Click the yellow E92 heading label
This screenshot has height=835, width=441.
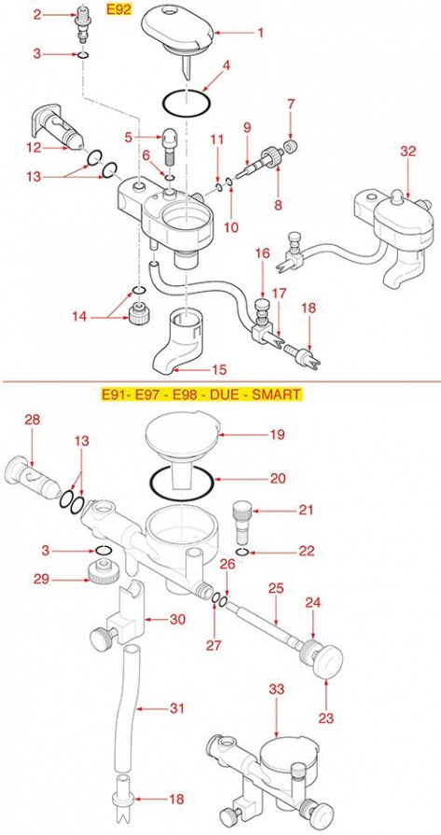[118, 9]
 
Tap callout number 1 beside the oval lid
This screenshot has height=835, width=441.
[260, 33]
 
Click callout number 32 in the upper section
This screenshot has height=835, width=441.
[407, 151]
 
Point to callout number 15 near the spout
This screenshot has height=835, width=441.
[219, 369]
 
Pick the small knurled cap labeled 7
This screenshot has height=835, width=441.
[291, 146]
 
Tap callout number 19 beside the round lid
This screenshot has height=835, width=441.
[278, 434]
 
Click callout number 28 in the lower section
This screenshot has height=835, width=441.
[33, 419]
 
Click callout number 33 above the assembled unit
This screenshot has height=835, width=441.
[278, 689]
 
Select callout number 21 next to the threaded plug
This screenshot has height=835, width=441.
[306, 510]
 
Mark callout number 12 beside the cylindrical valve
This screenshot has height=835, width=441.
[34, 147]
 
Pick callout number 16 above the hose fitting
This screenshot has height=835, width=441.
[263, 253]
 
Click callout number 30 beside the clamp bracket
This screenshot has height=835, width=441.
[177, 619]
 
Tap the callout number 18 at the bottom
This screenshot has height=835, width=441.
[177, 799]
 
